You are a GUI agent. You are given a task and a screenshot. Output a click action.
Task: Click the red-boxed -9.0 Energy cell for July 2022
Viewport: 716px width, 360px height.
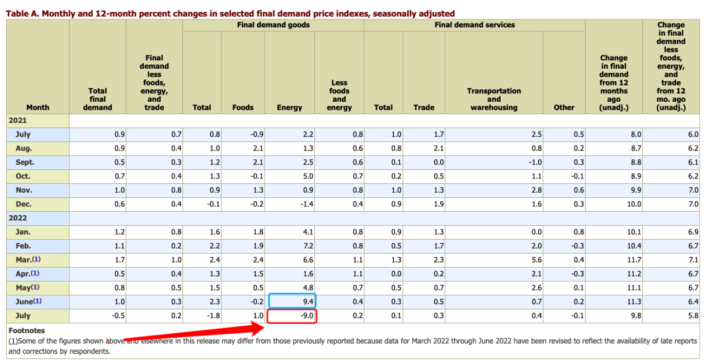[293, 316]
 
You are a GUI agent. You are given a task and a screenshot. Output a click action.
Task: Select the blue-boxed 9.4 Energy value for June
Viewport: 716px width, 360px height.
[293, 302]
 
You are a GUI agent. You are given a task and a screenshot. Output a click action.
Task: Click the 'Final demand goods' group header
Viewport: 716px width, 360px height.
[273, 25]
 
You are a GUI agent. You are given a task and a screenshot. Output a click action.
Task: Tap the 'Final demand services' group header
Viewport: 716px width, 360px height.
[474, 25]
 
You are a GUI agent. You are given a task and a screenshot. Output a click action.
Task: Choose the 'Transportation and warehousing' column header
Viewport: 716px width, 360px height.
[493, 99]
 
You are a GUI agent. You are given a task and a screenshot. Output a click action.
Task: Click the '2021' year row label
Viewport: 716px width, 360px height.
[18, 120]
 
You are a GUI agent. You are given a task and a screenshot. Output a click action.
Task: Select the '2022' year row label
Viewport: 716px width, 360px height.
[18, 218]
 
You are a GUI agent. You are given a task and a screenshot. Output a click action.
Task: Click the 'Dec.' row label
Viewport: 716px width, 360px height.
[23, 204]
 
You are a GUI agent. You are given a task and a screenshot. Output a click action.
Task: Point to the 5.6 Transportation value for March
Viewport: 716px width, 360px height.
[536, 260]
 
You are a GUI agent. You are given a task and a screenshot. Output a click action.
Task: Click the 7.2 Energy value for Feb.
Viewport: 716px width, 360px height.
[308, 246]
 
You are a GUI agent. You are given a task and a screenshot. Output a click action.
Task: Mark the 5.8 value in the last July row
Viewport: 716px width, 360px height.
[693, 316]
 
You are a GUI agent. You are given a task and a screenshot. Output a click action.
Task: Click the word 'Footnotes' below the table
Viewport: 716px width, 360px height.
[27, 330]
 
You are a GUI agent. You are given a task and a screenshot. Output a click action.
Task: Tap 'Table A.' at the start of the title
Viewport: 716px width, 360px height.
[22, 13]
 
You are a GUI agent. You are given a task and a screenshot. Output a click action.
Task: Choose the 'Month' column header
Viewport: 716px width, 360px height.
[37, 107]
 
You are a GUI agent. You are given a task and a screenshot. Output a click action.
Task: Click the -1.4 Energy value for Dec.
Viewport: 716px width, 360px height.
[306, 204]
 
